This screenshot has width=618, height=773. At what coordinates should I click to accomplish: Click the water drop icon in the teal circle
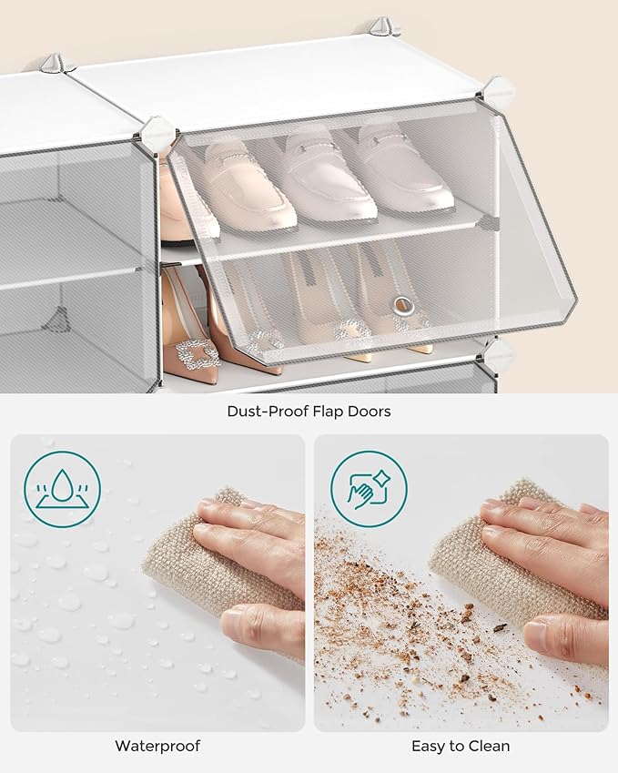click(x=62, y=489)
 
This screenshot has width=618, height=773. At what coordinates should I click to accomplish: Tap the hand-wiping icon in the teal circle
click(x=369, y=489)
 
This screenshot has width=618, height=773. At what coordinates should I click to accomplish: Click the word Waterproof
click(x=157, y=746)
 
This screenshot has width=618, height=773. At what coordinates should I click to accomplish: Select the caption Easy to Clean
click(x=461, y=746)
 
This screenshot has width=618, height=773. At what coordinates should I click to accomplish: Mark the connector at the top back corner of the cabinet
click(x=384, y=27)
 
